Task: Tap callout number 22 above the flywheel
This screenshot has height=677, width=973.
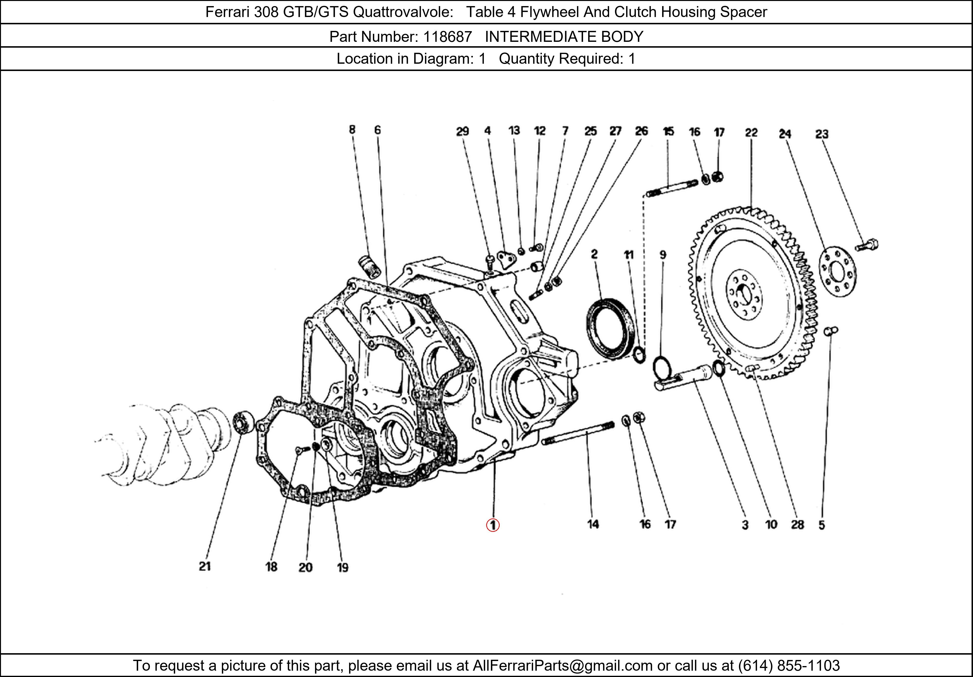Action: [x=751, y=133]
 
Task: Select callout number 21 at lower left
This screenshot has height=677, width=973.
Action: [x=205, y=566]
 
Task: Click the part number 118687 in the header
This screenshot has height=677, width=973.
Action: [x=448, y=37]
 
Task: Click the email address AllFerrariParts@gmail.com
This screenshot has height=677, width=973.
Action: [x=562, y=666]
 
